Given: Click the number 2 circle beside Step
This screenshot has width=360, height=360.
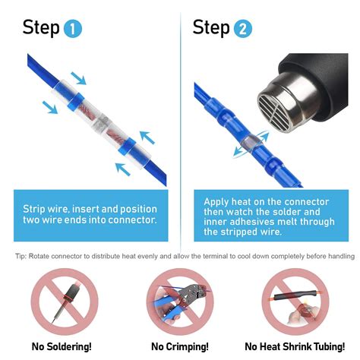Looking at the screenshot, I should click(x=242, y=30).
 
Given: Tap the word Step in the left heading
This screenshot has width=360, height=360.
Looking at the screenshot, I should click(x=40, y=29).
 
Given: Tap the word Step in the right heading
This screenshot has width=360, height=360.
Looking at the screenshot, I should click(x=210, y=29).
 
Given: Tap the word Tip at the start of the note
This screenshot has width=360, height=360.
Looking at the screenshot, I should click(x=20, y=255).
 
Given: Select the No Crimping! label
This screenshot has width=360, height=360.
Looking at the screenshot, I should click(x=179, y=346).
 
